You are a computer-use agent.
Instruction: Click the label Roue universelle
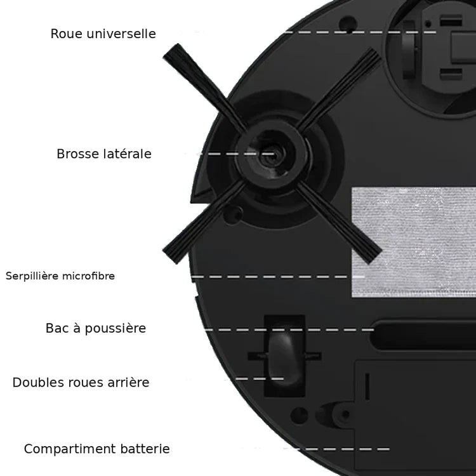point(103,34)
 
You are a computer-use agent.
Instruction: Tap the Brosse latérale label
point(104,154)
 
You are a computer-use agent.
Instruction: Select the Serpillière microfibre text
point(60,276)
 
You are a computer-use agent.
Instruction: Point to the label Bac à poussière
point(96,328)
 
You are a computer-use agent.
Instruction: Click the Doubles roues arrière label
point(81,382)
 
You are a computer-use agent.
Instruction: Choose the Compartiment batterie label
point(97,449)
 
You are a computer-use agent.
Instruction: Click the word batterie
point(145,449)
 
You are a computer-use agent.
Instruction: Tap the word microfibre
point(88,276)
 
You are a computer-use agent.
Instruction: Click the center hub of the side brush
point(271,155)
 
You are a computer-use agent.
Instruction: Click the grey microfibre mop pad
point(414,242)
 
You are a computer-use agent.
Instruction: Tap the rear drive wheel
point(284,357)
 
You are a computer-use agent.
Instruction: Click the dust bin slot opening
point(423,334)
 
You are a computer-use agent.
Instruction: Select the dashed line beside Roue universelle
point(360,32)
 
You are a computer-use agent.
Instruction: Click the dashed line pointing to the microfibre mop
point(278,277)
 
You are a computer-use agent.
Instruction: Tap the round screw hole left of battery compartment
point(299,415)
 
